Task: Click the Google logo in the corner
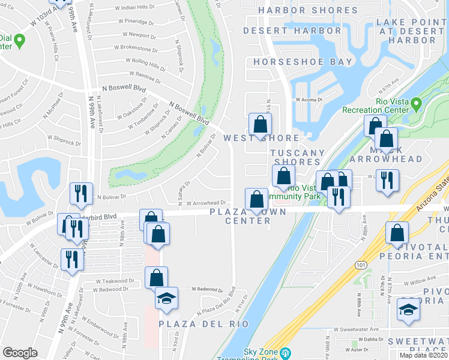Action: coord(19,353)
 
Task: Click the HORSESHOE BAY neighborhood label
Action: coord(303,62)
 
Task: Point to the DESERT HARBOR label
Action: coord(292,31)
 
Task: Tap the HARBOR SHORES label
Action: coord(307,11)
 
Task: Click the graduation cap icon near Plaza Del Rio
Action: coord(166,298)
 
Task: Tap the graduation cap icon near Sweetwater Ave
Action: coord(408,311)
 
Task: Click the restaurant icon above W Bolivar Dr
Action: coord(80,193)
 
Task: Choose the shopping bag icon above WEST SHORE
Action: coord(261,124)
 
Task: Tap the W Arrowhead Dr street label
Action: coord(205,203)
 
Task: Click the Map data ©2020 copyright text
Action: coord(423,355)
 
